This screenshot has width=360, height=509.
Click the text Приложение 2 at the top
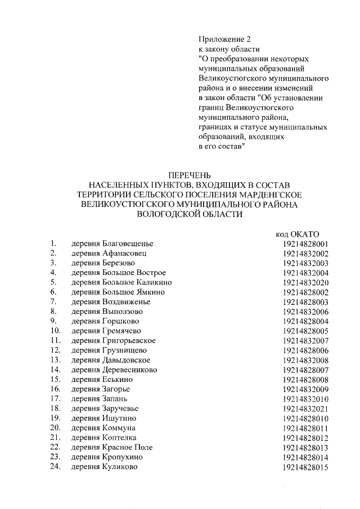223,39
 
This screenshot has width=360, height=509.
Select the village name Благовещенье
128,244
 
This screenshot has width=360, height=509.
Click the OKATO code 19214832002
305,254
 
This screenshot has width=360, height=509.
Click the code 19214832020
305,282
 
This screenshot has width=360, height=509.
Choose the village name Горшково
122,321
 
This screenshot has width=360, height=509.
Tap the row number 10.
55,331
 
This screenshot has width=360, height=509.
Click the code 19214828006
305,350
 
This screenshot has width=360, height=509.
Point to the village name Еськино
118,380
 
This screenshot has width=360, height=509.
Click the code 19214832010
305,399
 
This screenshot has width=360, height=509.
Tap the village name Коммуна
119,428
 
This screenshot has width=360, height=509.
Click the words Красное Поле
127,447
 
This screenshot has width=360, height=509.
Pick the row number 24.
55,466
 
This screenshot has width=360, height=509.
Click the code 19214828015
305,467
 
